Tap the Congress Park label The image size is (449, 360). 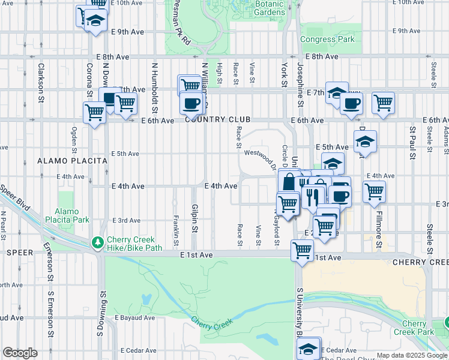(327, 40)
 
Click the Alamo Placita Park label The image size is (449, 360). (71, 215)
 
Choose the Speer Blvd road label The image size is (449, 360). (15, 196)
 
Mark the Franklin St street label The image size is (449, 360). (175, 230)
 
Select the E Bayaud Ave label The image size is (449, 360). (134, 317)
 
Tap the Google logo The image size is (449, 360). (20, 353)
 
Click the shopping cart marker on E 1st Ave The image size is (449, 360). (302, 250)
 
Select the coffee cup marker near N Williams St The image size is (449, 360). (191, 103)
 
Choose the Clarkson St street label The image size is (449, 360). (41, 79)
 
